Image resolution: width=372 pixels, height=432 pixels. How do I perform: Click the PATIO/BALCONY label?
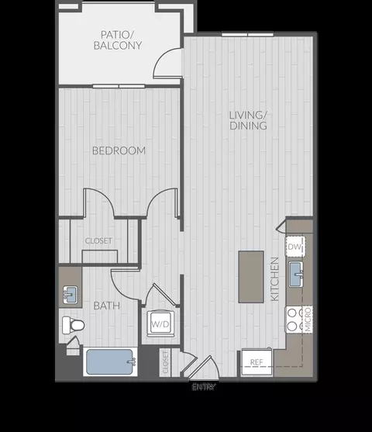pyautogui.click(x=120, y=40)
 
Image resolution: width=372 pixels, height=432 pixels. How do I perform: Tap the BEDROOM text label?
pyautogui.click(x=119, y=150)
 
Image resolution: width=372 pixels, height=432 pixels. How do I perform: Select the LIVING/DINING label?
pyautogui.click(x=247, y=120)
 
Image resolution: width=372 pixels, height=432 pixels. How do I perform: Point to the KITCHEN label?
pyautogui.click(x=274, y=279)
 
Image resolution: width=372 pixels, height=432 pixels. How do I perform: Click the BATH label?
pyautogui.click(x=107, y=306)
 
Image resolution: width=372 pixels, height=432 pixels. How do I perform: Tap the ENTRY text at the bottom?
pyautogui.click(x=204, y=385)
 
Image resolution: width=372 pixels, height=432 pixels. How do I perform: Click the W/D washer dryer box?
pyautogui.click(x=160, y=323)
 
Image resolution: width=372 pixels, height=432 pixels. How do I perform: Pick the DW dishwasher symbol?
pyautogui.click(x=294, y=247)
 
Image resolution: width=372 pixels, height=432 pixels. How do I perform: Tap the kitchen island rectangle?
pyautogui.click(x=250, y=276)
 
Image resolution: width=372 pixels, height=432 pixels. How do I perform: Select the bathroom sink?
pyautogui.click(x=70, y=295)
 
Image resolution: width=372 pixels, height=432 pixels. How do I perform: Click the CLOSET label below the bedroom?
pyautogui.click(x=98, y=241)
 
